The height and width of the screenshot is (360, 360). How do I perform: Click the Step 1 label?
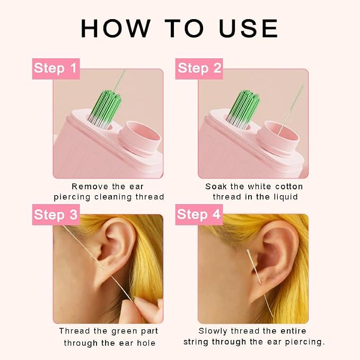tap(56, 68)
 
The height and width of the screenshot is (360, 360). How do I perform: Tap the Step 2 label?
tap(199, 68)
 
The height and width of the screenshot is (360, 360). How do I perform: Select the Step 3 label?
tap(56, 214)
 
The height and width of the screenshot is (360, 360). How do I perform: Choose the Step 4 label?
tap(199, 214)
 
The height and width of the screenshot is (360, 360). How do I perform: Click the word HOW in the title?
tap(116, 28)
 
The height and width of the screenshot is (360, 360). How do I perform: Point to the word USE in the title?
tap(249, 28)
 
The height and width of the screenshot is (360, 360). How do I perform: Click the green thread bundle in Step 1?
tap(105, 108)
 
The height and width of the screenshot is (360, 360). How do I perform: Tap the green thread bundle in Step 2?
tap(243, 108)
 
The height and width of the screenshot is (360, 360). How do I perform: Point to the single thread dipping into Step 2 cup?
tap(291, 110)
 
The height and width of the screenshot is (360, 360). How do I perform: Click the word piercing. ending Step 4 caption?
tap(305, 343)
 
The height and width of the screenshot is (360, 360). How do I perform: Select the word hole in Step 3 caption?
tap(146, 343)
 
